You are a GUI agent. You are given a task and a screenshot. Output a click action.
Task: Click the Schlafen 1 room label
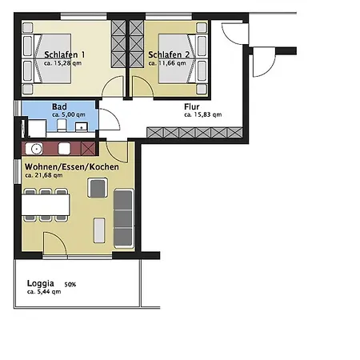point(44,54)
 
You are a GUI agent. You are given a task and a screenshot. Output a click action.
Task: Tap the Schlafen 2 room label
point(168,54)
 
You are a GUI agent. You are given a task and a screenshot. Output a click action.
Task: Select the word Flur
point(193,106)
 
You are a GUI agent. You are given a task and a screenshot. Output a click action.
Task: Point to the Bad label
point(59,106)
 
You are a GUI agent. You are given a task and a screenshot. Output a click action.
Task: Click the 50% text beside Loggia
point(70,284)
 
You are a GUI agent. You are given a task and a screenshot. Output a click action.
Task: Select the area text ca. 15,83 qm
point(202,114)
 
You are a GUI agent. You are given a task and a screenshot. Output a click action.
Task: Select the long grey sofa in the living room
point(124,218)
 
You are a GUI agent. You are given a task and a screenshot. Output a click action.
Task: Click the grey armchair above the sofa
point(98,189)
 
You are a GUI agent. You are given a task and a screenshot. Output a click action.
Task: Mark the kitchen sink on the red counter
point(37,148)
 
